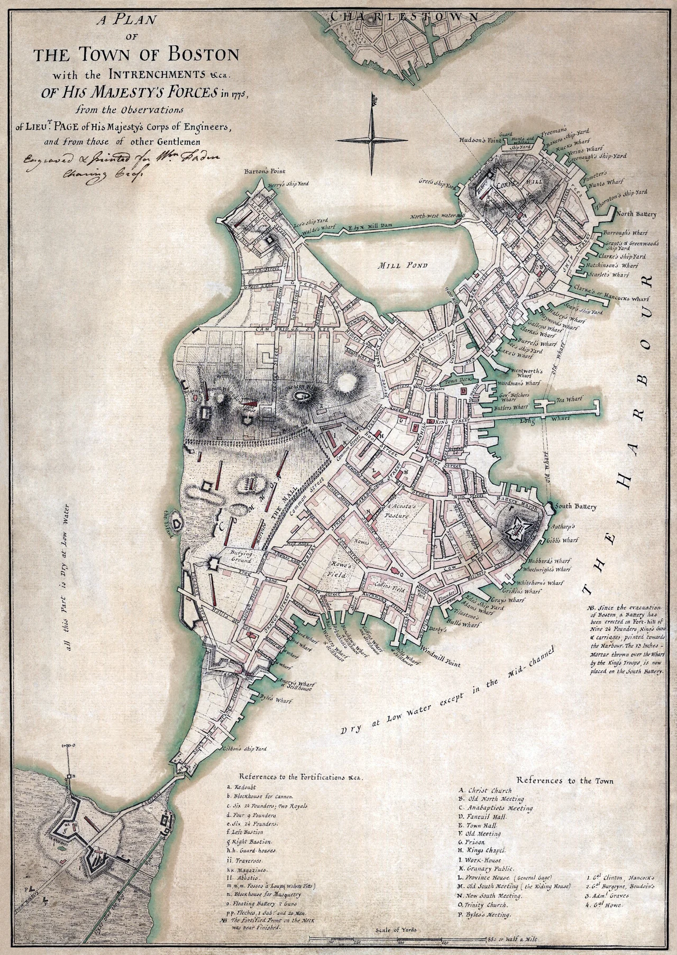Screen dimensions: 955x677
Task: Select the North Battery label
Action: tap(635, 214)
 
